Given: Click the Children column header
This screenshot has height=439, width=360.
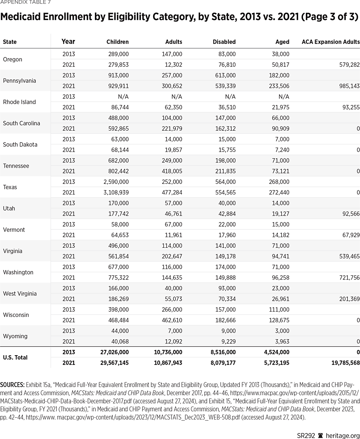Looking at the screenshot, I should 117,42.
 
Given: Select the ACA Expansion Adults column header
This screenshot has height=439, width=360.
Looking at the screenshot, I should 330,42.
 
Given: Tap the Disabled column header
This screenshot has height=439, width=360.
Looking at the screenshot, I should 224,42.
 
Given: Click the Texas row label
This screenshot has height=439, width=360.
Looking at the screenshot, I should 10,187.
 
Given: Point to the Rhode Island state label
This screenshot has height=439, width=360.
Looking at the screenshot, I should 19,102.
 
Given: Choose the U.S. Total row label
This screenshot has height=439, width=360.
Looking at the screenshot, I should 15,358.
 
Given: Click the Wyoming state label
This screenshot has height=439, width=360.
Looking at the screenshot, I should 15,336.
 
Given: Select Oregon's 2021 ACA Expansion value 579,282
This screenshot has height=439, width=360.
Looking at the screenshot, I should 346,65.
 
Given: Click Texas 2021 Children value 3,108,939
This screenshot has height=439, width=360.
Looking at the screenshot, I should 113,192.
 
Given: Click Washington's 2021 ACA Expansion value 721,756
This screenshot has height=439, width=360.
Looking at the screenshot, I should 346,278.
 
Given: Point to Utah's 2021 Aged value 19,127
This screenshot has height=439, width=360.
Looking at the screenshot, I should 280,214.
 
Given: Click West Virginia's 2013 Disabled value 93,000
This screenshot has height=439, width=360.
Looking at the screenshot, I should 227,288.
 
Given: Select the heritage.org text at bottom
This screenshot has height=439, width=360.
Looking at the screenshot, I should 345,435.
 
